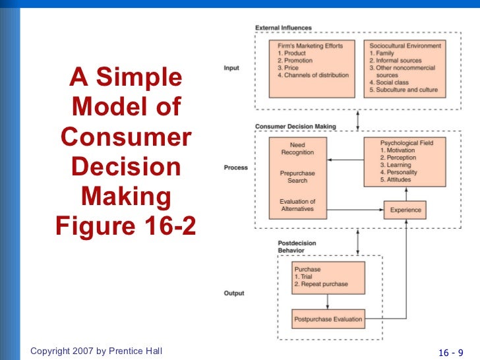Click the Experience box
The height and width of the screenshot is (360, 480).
click(x=405, y=210)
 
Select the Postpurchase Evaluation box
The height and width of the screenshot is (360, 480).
click(x=328, y=319)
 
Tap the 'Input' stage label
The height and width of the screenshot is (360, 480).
click(x=231, y=68)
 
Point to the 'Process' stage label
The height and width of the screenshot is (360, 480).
click(x=235, y=167)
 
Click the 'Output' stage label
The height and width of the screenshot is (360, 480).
click(x=234, y=293)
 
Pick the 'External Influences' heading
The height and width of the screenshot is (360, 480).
click(x=284, y=28)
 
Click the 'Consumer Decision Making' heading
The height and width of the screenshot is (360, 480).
click(x=295, y=126)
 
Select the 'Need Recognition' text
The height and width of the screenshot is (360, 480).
click(x=297, y=148)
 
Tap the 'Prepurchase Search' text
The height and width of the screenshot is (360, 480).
click(x=297, y=177)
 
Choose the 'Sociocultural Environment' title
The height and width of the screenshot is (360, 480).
click(x=404, y=45)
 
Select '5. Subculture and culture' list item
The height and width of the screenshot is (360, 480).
click(x=403, y=90)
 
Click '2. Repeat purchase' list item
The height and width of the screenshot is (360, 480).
click(x=321, y=284)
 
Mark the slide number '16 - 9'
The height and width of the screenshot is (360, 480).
click(x=451, y=351)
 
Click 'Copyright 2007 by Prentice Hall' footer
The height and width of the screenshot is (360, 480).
click(x=96, y=351)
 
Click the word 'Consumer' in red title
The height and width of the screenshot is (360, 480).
click(x=126, y=138)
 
